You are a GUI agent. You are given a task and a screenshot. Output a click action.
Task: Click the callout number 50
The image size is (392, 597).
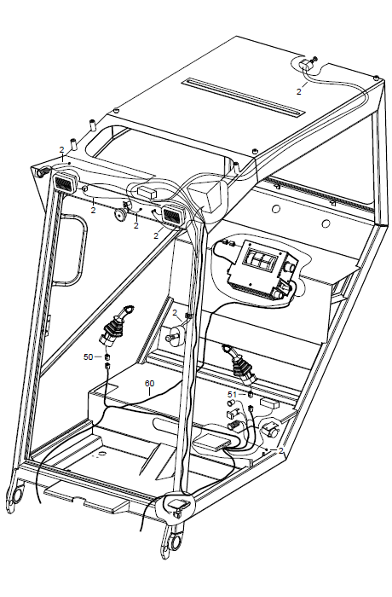[88, 356]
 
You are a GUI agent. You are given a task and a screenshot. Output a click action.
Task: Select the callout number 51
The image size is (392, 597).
[232, 394]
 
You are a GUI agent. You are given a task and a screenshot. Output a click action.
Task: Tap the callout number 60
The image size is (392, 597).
[150, 383]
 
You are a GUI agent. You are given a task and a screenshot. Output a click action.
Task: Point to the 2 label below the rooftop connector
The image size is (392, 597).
[299, 92]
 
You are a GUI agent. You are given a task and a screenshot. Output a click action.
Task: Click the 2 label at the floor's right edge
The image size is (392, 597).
[281, 451]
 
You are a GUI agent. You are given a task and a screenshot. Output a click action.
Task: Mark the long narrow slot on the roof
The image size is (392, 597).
[244, 97]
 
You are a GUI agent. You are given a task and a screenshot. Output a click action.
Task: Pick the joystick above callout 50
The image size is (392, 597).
[116, 327]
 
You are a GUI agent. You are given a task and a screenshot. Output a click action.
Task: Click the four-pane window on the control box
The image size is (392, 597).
[260, 259]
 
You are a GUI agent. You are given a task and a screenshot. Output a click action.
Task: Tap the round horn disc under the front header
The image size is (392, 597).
[121, 215]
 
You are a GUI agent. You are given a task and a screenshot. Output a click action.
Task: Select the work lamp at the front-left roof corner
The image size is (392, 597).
[65, 183]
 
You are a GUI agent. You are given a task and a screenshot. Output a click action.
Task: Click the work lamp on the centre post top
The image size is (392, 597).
[173, 215]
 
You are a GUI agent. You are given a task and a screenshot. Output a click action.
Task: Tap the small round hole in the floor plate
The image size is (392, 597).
[101, 454]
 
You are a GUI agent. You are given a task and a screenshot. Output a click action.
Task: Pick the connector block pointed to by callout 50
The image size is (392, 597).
[107, 356]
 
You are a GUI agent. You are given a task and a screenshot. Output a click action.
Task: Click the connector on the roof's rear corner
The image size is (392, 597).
[307, 64]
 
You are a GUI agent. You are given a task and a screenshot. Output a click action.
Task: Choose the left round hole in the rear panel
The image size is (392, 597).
[276, 209]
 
